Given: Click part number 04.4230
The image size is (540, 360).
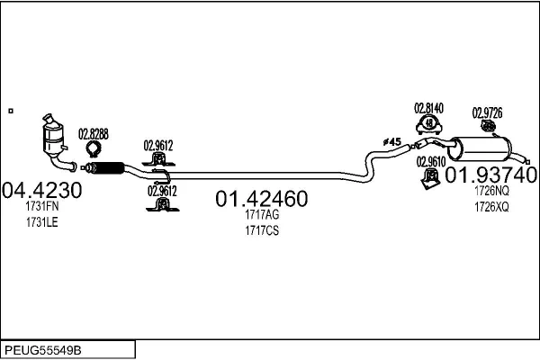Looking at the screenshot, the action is [x=42, y=190].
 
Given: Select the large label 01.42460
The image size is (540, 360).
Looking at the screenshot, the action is [x=262, y=199].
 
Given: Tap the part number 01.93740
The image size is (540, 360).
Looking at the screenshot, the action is [x=490, y=175].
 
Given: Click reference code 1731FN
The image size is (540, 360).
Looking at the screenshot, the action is [x=42, y=206].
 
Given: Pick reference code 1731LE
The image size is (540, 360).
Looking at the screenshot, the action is [x=42, y=222].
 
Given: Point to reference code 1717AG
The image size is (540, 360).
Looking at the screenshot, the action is [x=262, y=214].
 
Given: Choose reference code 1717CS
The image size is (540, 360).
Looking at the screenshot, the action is [x=262, y=230].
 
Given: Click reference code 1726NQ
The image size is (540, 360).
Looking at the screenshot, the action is [x=491, y=191].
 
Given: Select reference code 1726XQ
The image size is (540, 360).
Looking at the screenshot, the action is [x=491, y=207].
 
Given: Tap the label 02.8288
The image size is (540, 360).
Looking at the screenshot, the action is [x=94, y=134].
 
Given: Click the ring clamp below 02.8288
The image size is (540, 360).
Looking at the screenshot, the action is [x=93, y=149].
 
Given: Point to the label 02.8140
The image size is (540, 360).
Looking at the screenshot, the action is [x=428, y=108].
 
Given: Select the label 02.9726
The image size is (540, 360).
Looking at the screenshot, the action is [x=487, y=112].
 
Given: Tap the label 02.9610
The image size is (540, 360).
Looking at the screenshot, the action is [x=431, y=162].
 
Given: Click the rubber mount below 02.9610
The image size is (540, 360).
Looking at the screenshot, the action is [x=431, y=179].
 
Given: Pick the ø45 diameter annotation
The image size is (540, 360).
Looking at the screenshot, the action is [x=391, y=141].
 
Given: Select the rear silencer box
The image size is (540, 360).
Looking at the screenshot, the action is [x=481, y=148].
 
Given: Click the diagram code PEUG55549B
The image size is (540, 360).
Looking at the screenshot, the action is [x=43, y=351].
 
